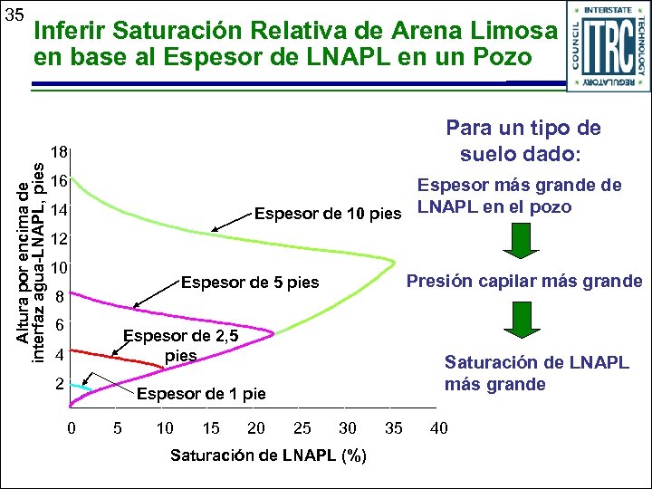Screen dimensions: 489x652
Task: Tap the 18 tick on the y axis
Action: (x=59, y=152)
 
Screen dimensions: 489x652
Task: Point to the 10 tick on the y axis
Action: (x=59, y=269)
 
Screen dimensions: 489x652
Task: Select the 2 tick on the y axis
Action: (x=59, y=384)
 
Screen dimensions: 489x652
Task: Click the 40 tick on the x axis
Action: (x=438, y=428)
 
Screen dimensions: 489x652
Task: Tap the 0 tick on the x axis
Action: (x=72, y=428)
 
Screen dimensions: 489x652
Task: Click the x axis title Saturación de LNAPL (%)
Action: (x=268, y=455)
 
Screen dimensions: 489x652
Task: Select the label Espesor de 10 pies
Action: (x=328, y=215)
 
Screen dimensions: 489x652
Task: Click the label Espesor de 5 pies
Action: (x=251, y=283)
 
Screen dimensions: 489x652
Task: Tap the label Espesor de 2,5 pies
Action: (x=181, y=346)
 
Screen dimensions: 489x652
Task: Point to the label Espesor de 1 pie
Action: (x=201, y=394)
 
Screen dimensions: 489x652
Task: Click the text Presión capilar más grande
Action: (x=524, y=281)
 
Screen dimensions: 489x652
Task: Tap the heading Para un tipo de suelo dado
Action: (x=523, y=140)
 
